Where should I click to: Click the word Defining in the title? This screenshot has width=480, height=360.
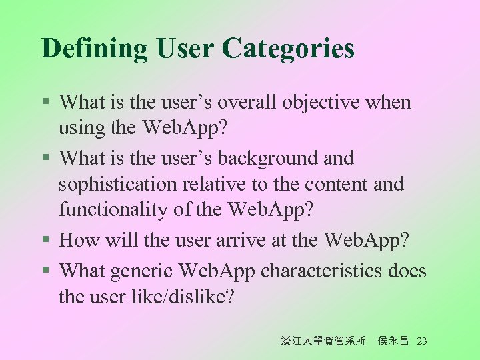click(95, 49)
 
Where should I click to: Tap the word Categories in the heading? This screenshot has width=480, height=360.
click(288, 49)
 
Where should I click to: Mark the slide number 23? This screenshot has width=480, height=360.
click(421, 341)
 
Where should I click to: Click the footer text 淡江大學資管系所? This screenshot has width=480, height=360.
click(323, 341)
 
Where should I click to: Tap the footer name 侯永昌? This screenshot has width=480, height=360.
click(393, 341)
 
